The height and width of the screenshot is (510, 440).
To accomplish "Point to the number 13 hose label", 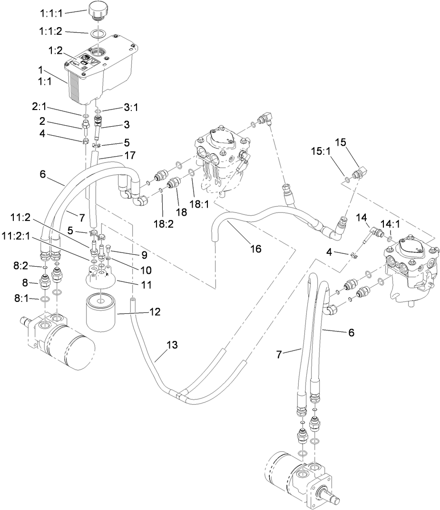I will (x=172, y=345).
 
